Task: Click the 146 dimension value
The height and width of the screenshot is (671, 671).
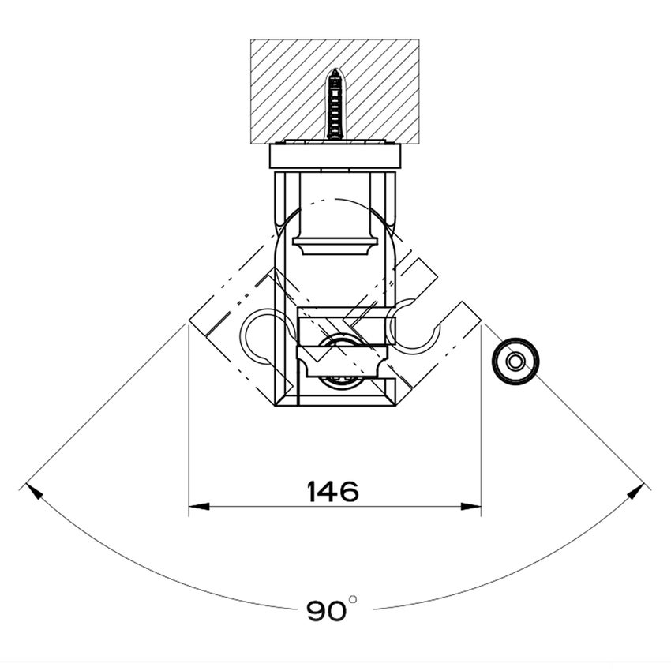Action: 332,492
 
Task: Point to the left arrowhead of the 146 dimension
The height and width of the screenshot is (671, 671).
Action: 199,507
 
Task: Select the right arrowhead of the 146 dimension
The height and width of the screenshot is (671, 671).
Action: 470,507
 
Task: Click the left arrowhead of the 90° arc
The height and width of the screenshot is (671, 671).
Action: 34,490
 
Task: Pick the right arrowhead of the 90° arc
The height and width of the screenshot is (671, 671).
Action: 636,490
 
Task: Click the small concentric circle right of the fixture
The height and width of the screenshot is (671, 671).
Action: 515,362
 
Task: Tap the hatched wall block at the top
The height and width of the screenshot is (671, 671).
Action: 335,90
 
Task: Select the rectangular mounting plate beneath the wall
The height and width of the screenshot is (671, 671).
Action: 335,156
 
